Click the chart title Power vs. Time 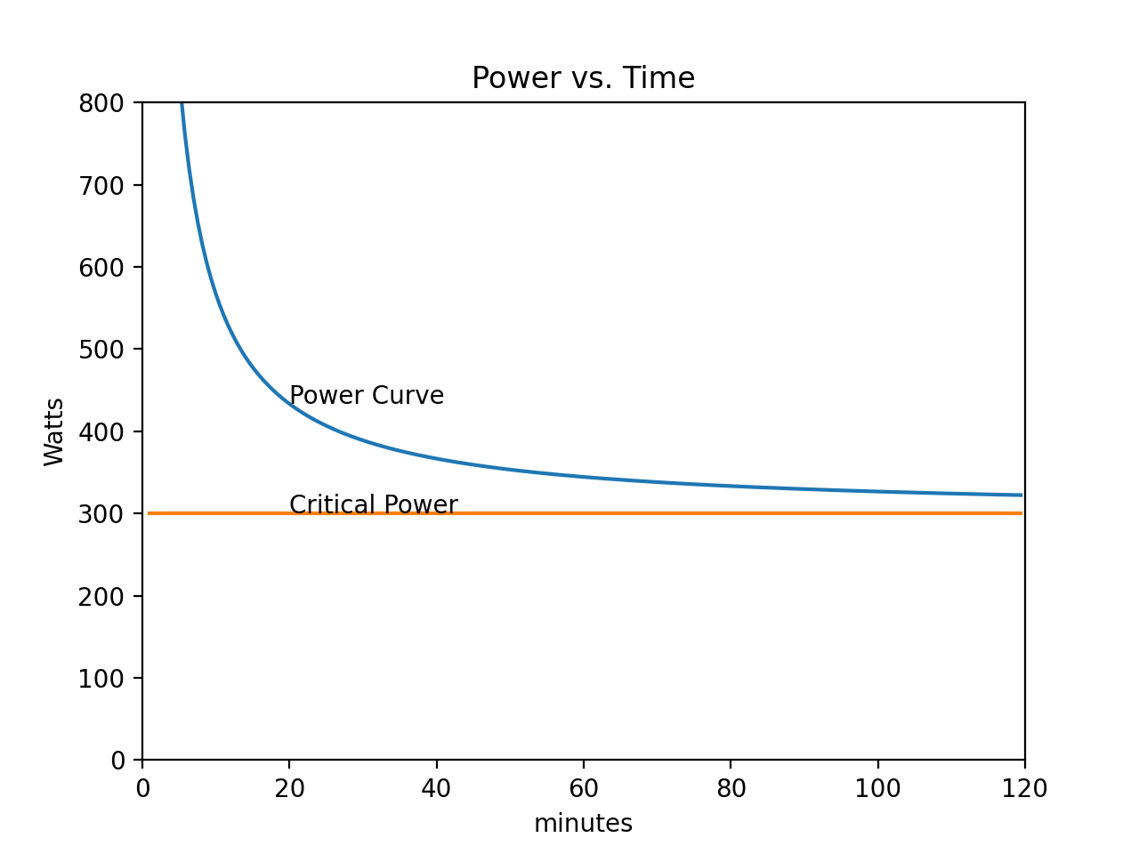[583, 78]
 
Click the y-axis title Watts [54, 431]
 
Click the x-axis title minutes [583, 824]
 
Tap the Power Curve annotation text [367, 395]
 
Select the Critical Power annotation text [374, 504]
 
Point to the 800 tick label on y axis [102, 103]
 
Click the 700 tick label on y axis [102, 185]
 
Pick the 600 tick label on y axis [102, 267]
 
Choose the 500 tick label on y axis [102, 350]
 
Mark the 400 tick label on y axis [102, 431]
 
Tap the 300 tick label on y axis [102, 514]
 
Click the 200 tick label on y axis [102, 596]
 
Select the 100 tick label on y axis [102, 678]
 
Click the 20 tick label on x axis [289, 788]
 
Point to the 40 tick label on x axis [436, 788]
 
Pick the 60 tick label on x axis [584, 788]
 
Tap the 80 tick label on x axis [731, 788]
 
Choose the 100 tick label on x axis [877, 788]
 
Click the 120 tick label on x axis [1024, 788]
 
